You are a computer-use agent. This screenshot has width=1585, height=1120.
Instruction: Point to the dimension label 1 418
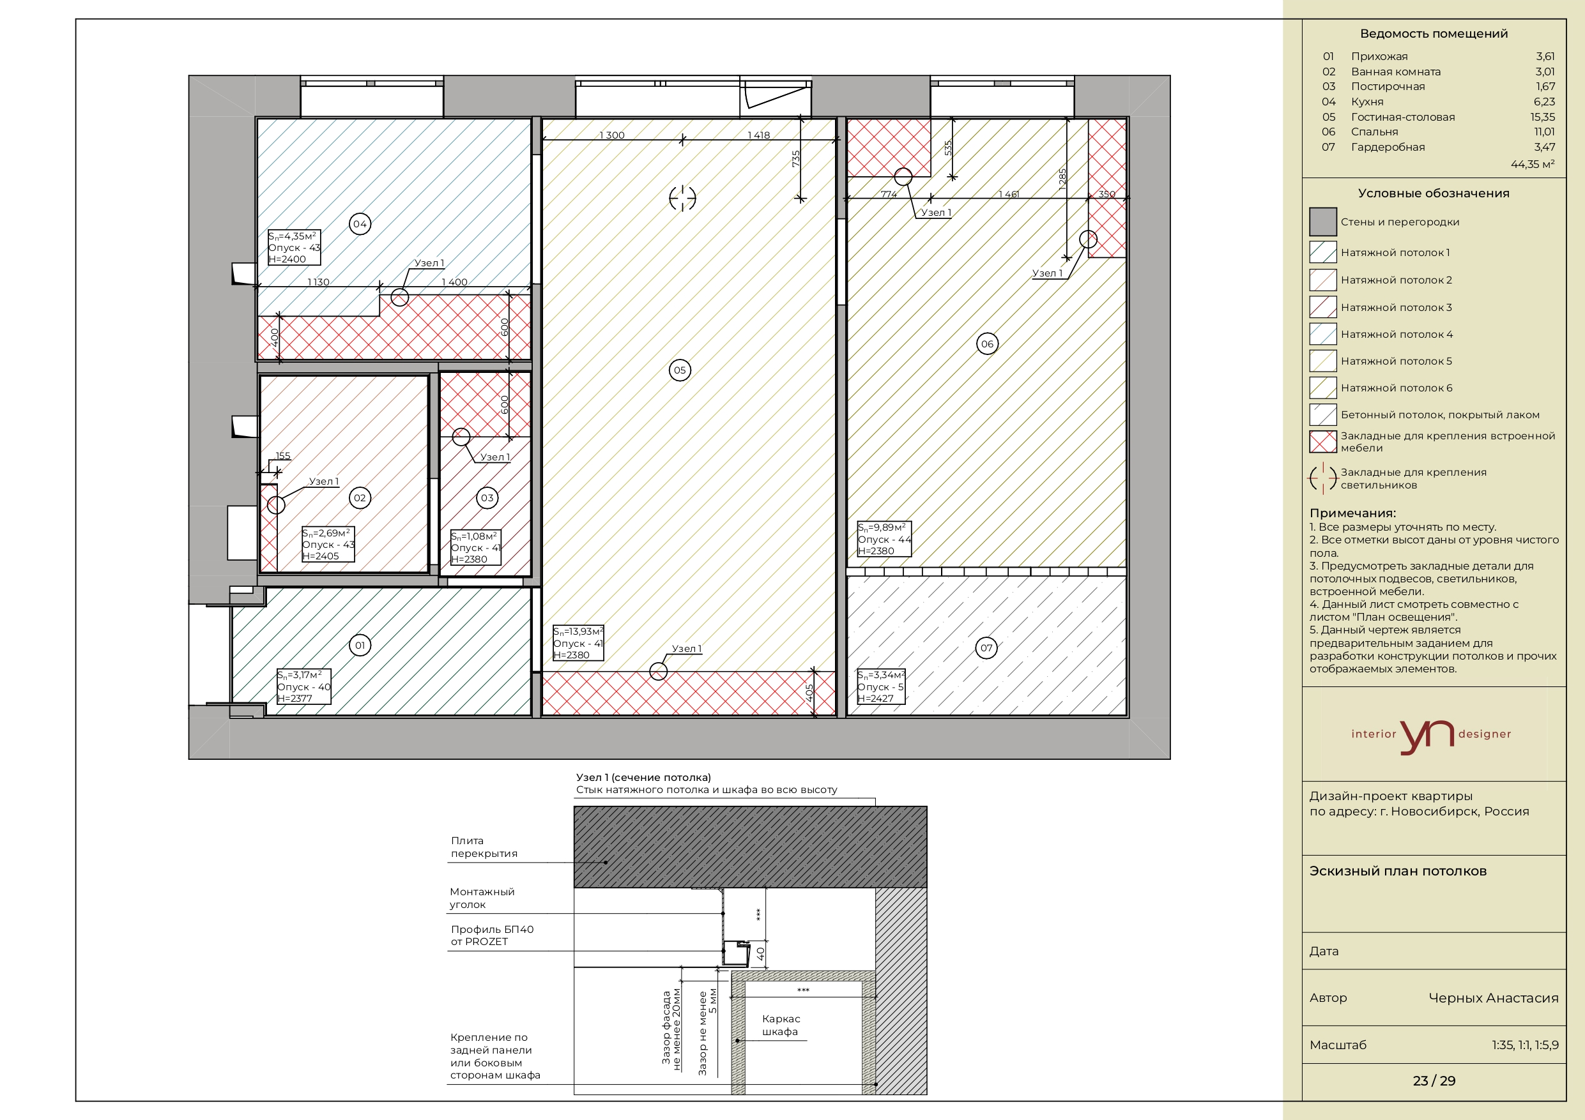point(759,135)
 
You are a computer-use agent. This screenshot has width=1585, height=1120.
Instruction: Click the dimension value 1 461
point(1009,194)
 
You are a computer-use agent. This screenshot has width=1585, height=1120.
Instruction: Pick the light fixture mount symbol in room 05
point(683,198)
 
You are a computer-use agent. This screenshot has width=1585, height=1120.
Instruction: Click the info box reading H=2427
point(881,686)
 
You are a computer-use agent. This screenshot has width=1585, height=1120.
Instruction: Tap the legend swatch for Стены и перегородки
point(1322,222)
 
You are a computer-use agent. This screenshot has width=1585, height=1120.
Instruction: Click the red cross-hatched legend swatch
point(1322,442)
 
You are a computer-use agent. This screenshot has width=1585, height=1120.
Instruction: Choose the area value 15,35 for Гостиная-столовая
point(1542,117)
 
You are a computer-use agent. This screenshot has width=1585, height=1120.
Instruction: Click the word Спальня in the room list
point(1374,132)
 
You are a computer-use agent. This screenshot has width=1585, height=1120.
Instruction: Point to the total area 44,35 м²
point(1533,164)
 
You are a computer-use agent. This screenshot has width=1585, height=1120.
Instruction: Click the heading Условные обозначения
point(1434,193)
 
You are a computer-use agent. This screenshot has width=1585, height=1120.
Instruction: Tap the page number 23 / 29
point(1434,1080)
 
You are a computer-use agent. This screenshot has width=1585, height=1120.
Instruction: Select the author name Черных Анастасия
point(1493,998)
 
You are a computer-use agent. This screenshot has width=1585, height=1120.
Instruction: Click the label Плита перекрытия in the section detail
point(484,847)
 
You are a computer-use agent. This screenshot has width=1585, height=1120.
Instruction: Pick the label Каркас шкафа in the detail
point(781,1025)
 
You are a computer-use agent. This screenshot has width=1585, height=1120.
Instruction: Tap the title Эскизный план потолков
point(1398,871)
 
